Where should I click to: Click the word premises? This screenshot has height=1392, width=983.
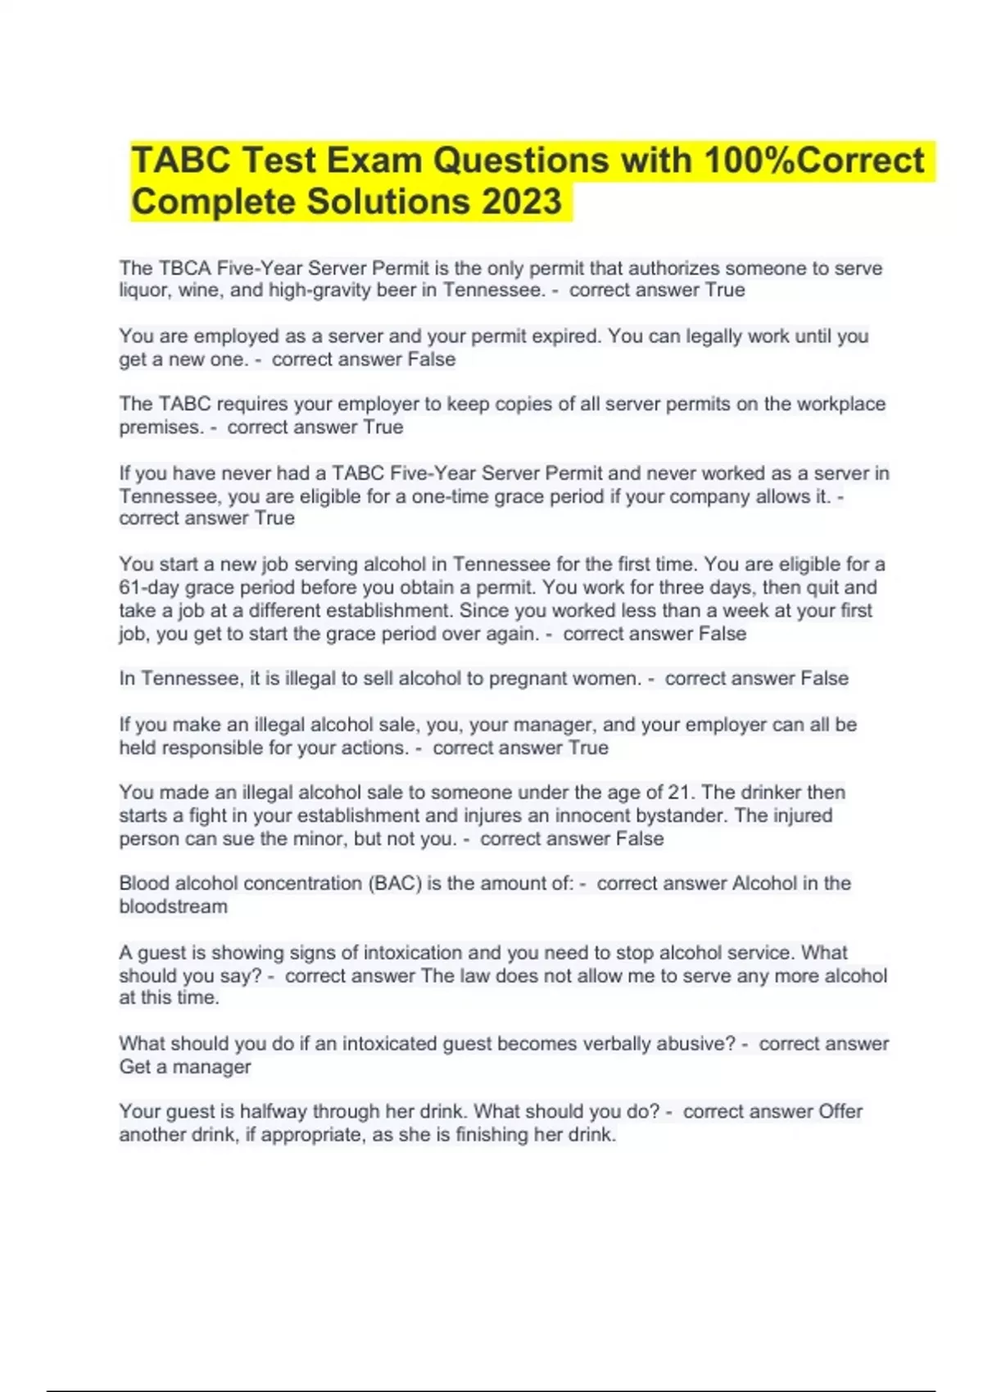tap(160, 427)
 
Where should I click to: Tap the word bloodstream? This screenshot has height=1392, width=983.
tap(174, 906)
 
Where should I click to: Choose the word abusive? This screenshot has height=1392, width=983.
tap(695, 1043)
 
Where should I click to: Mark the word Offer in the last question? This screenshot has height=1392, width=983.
tap(840, 1111)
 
